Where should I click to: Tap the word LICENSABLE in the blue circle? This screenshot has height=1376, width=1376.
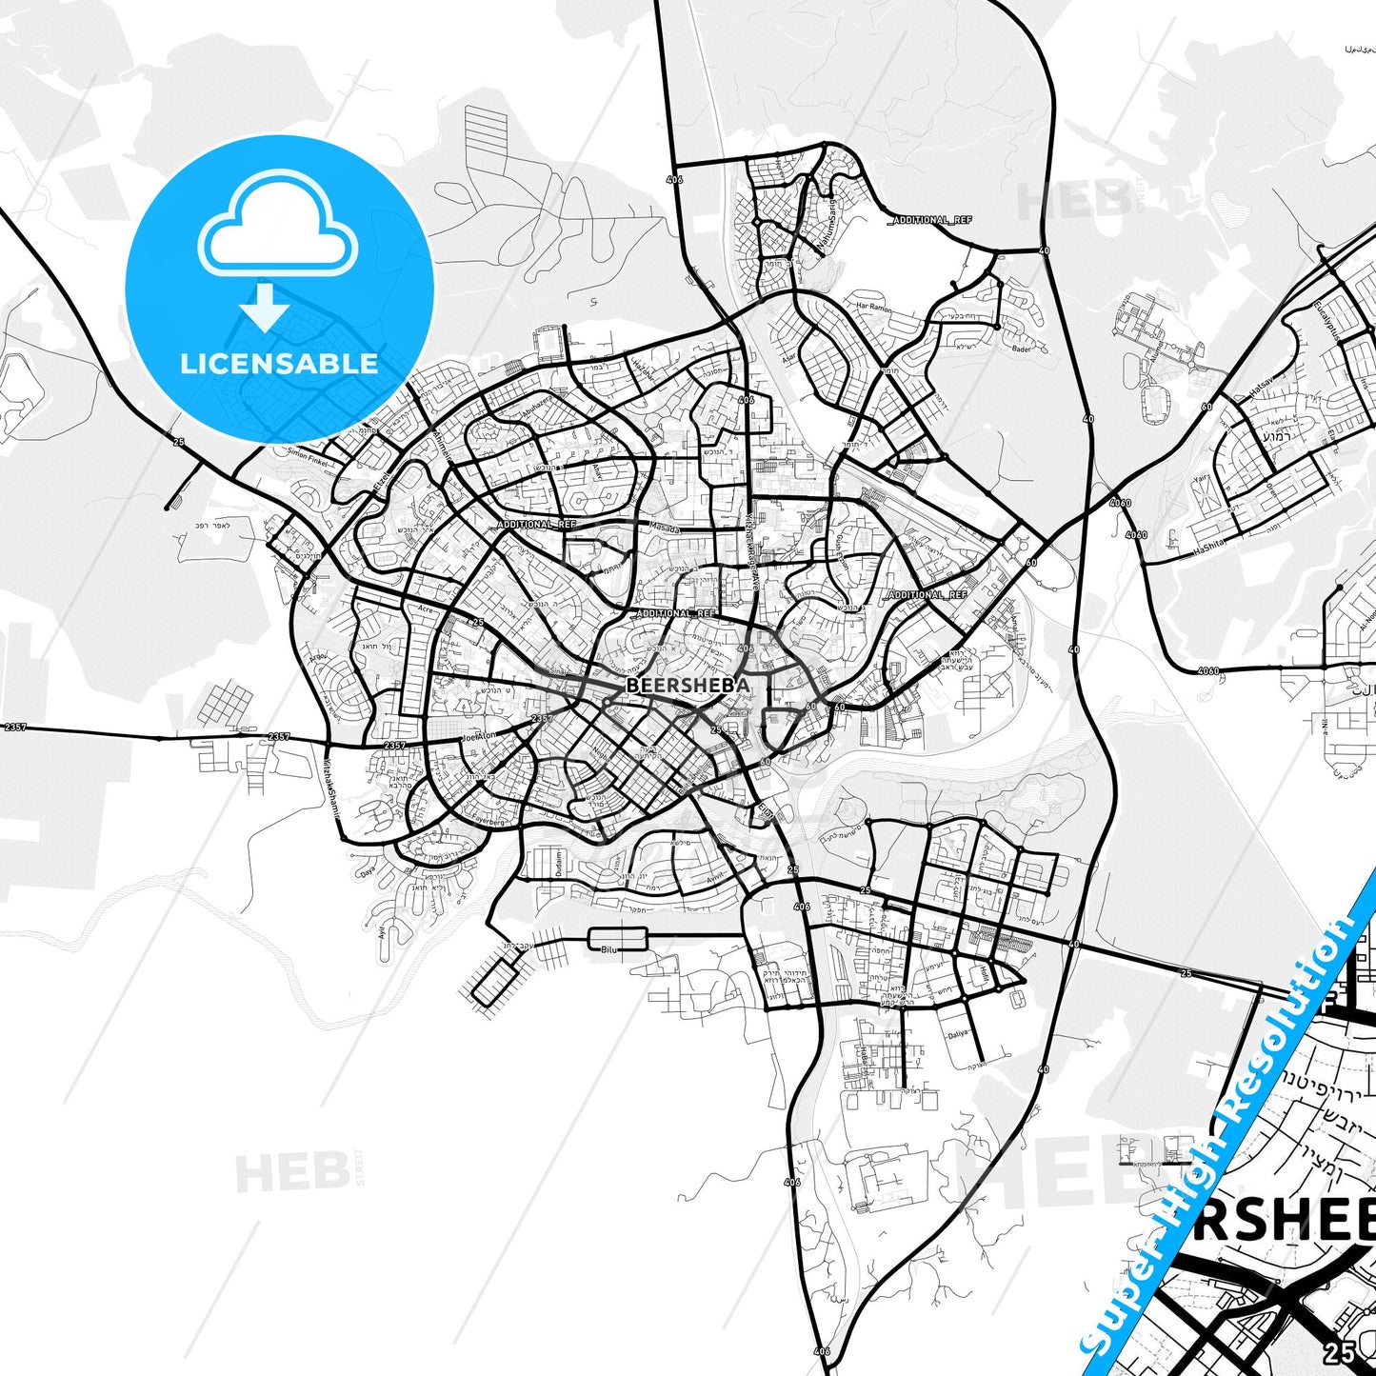279,363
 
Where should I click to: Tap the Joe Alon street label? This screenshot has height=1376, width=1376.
479,736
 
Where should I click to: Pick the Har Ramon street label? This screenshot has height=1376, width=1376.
873,309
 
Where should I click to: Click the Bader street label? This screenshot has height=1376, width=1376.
1022,349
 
